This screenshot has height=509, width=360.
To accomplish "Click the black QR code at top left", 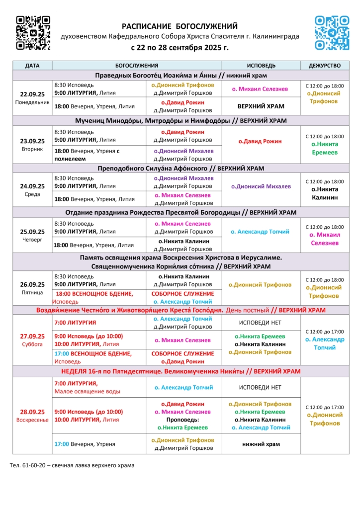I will [x=33, y=33].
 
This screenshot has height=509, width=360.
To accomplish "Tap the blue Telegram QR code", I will [x=332, y=33].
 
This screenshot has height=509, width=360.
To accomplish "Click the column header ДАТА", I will [x=32, y=66].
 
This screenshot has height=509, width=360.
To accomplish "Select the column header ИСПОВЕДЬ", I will [x=261, y=66].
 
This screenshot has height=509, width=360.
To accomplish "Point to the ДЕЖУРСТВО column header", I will [x=325, y=66].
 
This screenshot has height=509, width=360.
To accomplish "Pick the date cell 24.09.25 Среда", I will [x=32, y=190].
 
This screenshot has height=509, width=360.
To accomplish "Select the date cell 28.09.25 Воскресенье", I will [x=32, y=415].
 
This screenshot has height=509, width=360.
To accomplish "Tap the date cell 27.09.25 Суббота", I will [x=32, y=339].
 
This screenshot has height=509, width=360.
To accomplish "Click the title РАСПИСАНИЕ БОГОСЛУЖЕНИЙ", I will [x=180, y=26].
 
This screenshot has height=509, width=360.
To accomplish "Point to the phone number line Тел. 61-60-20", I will [x=72, y=465].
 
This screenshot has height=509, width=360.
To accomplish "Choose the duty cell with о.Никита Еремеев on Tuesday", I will [x=324, y=148].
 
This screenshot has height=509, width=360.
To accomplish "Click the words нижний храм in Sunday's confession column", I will [x=261, y=444].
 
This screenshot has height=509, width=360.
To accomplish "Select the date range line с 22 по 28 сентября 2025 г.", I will [x=180, y=48].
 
